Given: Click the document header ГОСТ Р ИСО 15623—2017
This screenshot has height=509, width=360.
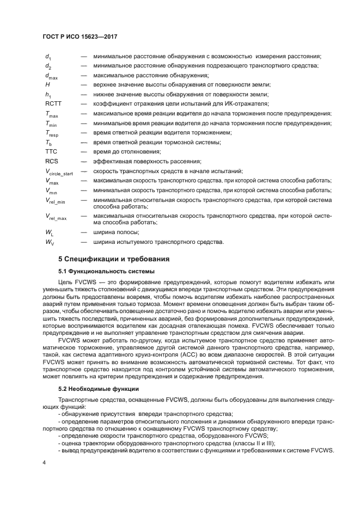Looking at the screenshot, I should (81, 36).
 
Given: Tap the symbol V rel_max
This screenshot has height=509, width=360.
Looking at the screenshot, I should (56, 217).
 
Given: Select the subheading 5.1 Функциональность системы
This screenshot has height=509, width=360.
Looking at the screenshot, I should (106, 271).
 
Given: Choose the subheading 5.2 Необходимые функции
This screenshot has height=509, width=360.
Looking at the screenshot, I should (99, 375).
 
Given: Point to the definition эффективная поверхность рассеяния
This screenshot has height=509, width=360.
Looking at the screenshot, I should (147, 161).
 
